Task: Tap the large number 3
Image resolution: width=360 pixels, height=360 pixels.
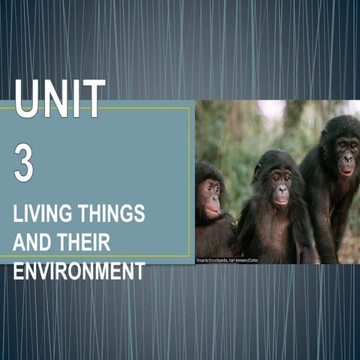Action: pos(23,163)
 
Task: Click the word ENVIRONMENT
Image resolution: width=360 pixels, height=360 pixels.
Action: pos(79,271)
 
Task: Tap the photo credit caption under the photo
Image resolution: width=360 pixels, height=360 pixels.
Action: pos(227,260)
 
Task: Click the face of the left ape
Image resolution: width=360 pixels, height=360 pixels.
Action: pos(210,196)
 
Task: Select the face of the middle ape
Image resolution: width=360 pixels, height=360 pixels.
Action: pos(280,184)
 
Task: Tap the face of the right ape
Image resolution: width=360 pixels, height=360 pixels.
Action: pos(346,155)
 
